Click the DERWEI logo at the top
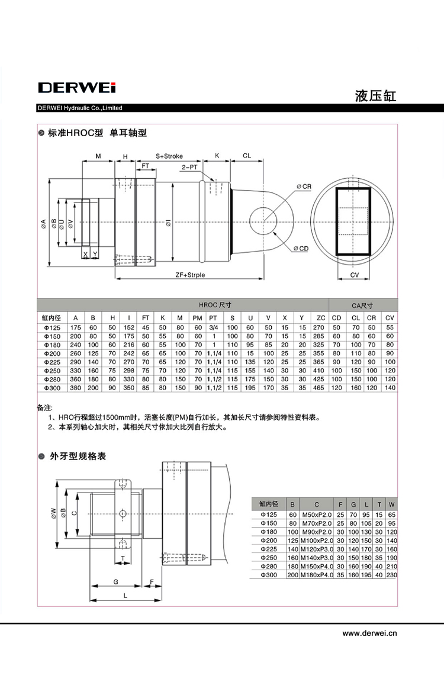coord(77,88)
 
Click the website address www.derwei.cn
coord(369,633)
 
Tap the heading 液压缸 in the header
coord(375,96)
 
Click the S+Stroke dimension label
coord(169,156)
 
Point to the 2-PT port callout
coord(189,168)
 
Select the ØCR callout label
coord(304,187)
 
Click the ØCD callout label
coord(301,249)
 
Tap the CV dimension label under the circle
coord(355,275)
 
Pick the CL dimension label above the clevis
coord(247,156)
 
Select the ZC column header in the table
coord(320,319)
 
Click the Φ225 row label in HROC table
coord(52,362)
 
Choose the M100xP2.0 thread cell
coord(317,541)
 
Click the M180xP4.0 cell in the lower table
coord(317,575)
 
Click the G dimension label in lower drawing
coord(115,582)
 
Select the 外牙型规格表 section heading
coord(78,456)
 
